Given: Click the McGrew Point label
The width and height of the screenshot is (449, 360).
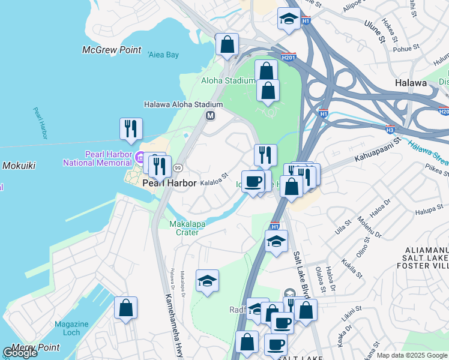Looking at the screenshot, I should point(112,50).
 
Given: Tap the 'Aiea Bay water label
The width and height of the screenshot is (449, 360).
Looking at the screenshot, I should point(163,55).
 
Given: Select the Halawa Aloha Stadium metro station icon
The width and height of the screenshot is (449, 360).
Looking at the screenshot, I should point(211,115).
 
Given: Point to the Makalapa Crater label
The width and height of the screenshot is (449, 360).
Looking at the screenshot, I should point(184,228).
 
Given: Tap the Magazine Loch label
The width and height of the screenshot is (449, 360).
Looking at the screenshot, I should point(71,328).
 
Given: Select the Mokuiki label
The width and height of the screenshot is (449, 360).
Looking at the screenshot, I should point(21,166).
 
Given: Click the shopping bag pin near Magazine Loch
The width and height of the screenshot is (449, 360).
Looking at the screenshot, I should point(126,308).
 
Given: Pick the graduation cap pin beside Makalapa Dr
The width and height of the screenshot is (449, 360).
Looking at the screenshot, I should point(207,281).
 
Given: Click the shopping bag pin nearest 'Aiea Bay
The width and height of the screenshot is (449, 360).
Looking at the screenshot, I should point(228,44).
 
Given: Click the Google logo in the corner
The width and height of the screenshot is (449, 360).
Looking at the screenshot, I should point(20,353).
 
